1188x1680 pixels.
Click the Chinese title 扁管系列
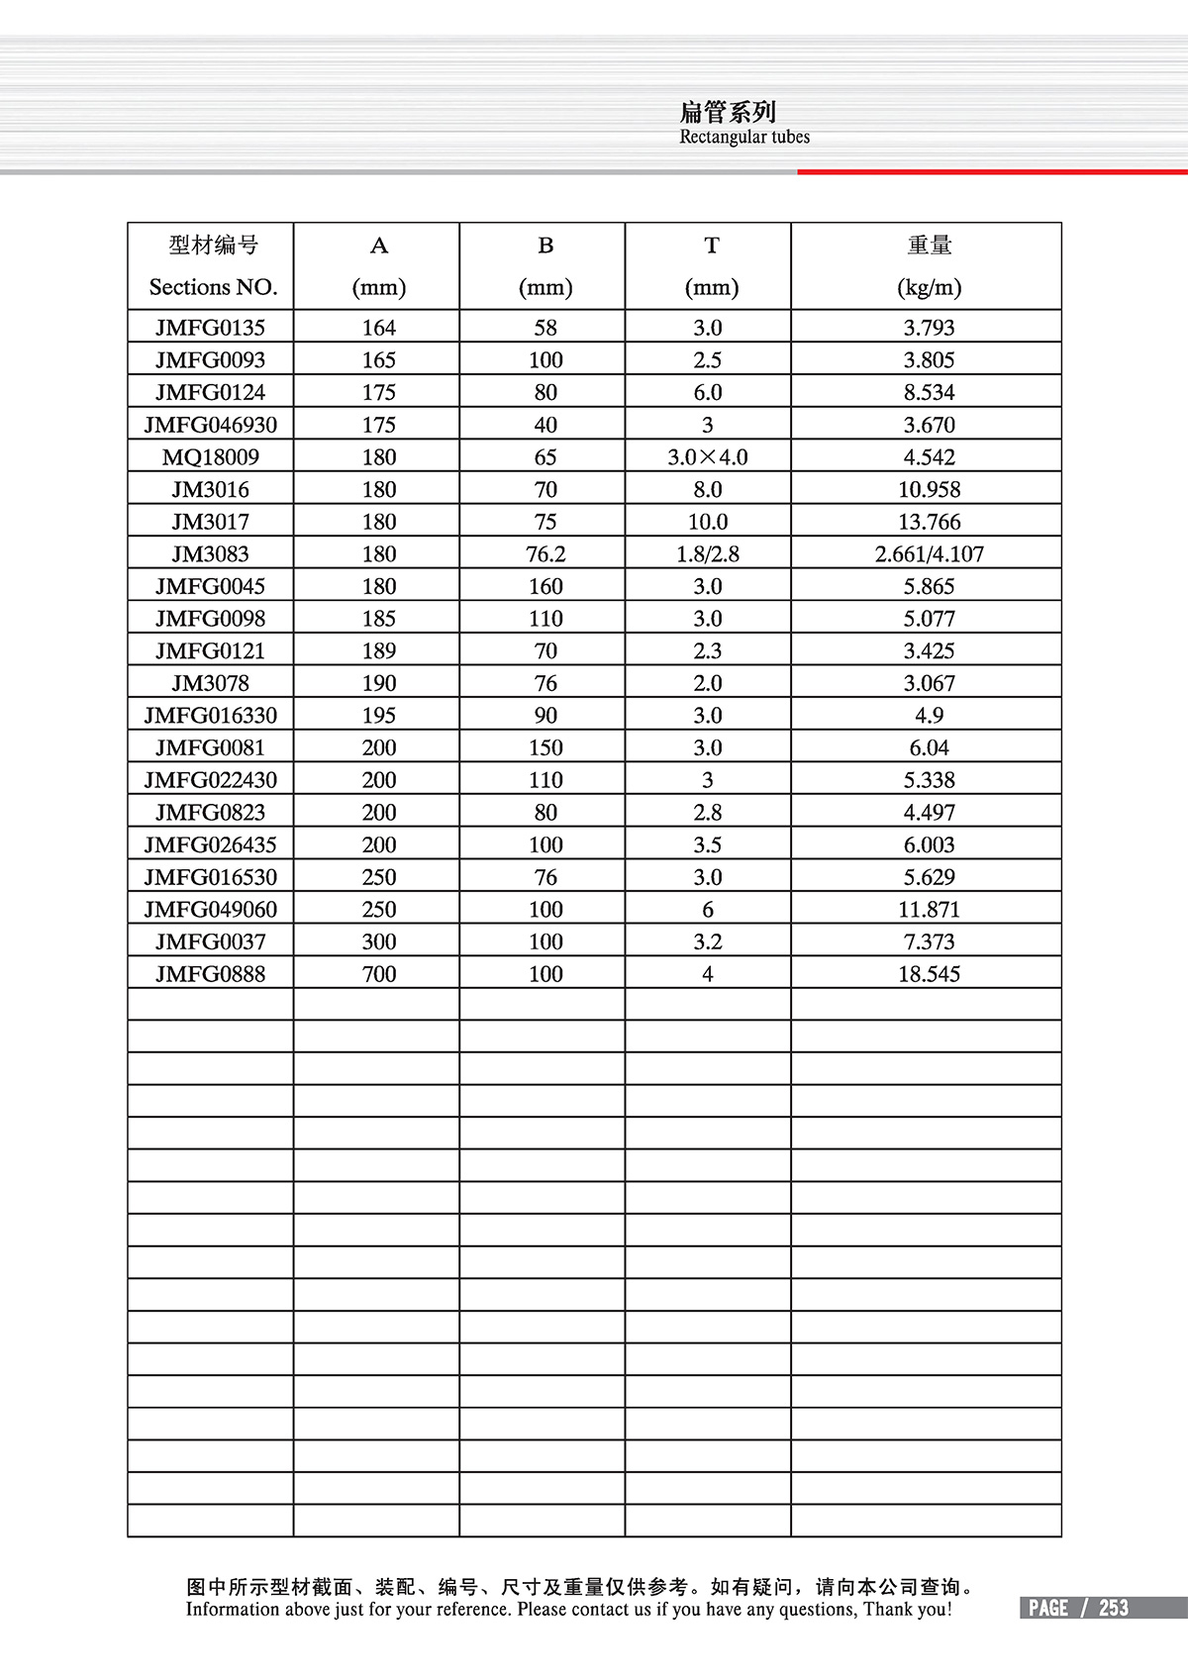(x=728, y=112)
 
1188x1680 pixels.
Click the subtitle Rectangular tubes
(x=744, y=138)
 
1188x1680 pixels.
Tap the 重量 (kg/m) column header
(x=929, y=265)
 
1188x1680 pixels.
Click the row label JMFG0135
(x=210, y=328)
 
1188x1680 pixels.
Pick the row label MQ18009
(x=210, y=457)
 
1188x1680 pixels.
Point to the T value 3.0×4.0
(x=708, y=457)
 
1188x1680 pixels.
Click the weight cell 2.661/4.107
(x=929, y=554)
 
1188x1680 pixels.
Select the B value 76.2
(x=545, y=554)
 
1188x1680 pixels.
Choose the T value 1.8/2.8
(x=708, y=554)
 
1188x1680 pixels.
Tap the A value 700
(x=379, y=974)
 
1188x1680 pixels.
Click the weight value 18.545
(x=929, y=974)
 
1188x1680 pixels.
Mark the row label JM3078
(x=210, y=683)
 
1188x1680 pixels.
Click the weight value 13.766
(x=929, y=522)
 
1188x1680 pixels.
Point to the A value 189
(x=379, y=651)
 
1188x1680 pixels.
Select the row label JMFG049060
(x=210, y=910)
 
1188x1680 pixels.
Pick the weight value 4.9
(x=929, y=716)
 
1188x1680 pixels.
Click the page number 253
(x=1114, y=1608)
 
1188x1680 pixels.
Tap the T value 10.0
(x=708, y=522)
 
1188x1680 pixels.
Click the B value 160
(x=545, y=587)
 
